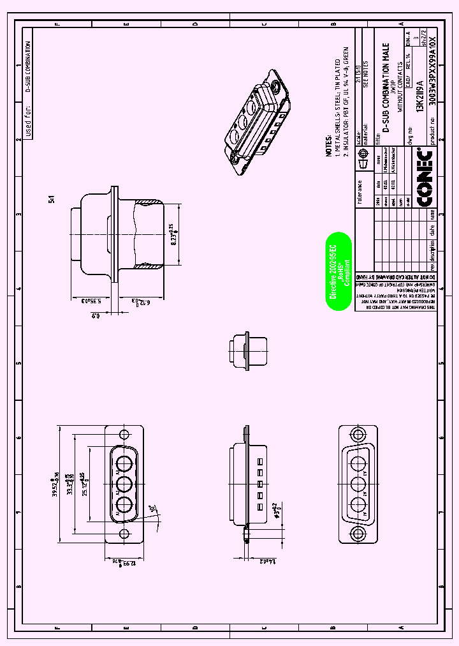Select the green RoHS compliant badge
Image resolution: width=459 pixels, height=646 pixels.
coord(339,271)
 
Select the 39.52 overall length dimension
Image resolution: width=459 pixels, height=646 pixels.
coord(56,484)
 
